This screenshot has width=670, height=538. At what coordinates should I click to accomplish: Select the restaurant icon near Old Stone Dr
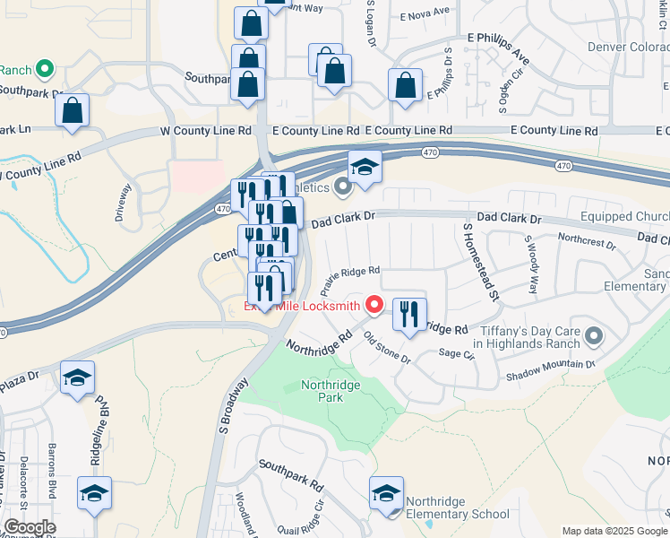click(409, 315)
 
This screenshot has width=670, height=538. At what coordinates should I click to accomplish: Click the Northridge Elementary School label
click(457, 508)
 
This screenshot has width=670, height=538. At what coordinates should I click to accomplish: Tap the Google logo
click(30, 527)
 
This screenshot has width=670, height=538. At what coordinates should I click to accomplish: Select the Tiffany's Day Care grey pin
click(592, 337)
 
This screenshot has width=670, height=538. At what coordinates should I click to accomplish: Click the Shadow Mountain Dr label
click(550, 370)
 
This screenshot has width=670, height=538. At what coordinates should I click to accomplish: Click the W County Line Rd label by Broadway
click(205, 131)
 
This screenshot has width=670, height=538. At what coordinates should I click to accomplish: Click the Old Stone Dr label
click(387, 350)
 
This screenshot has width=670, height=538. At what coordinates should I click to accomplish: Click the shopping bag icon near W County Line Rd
click(72, 111)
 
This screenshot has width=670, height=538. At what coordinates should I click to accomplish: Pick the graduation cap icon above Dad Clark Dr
click(365, 168)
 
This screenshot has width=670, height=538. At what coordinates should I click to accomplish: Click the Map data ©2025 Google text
click(614, 531)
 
